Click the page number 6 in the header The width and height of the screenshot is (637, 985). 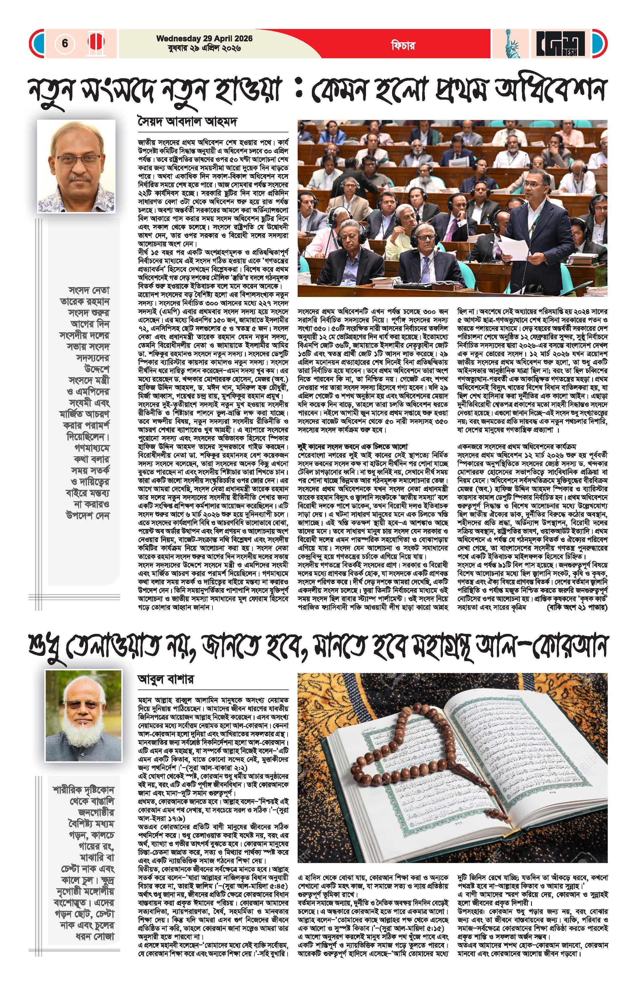(x=65, y=43)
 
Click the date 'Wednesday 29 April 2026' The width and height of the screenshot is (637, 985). (x=204, y=39)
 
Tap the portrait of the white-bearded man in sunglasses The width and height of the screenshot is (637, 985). (x=83, y=716)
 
